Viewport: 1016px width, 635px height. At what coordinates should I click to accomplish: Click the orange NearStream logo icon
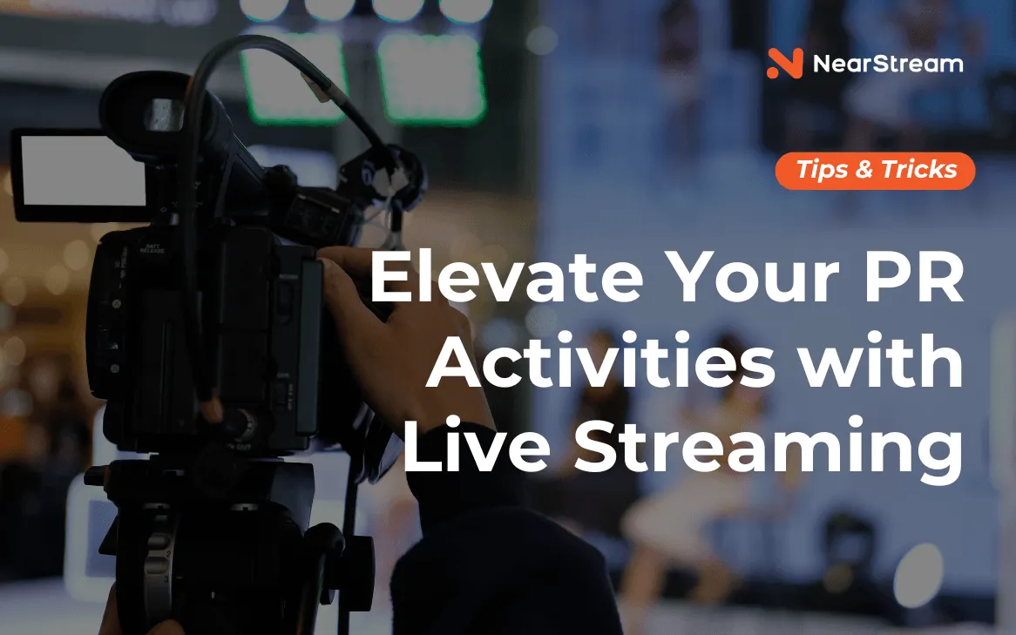tap(785, 64)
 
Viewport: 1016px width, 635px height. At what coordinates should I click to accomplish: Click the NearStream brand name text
tap(888, 64)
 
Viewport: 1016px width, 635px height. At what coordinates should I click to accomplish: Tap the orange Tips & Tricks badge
tap(875, 171)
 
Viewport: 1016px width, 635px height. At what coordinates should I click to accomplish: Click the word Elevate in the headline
tap(506, 277)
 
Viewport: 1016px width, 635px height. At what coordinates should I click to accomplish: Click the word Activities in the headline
tap(600, 361)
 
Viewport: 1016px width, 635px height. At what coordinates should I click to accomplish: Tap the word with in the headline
tap(880, 361)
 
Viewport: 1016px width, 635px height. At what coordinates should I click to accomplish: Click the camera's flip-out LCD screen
tap(79, 172)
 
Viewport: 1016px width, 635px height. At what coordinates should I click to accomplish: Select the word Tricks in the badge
tap(918, 170)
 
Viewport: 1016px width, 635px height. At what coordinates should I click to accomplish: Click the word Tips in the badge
tap(823, 171)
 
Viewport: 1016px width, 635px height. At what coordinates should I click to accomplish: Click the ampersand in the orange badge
tap(864, 171)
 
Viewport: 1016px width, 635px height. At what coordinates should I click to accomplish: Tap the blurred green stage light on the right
tap(432, 78)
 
